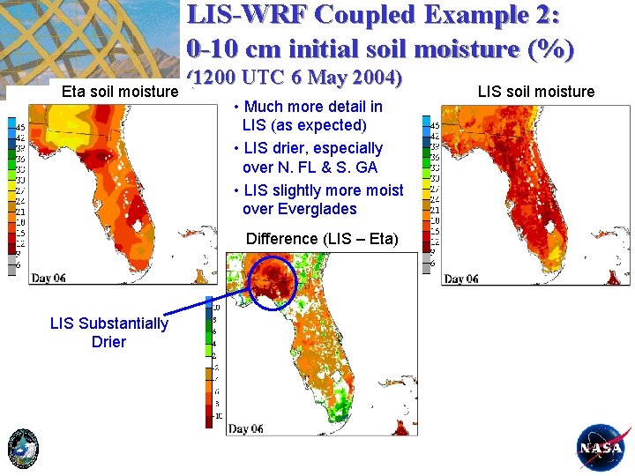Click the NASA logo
(x=603, y=448)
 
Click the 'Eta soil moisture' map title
(x=119, y=90)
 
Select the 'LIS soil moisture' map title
(x=535, y=91)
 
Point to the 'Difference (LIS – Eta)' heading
(x=322, y=239)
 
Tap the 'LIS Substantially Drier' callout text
(x=108, y=332)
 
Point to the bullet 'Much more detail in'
(x=313, y=107)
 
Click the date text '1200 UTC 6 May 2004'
(x=298, y=78)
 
